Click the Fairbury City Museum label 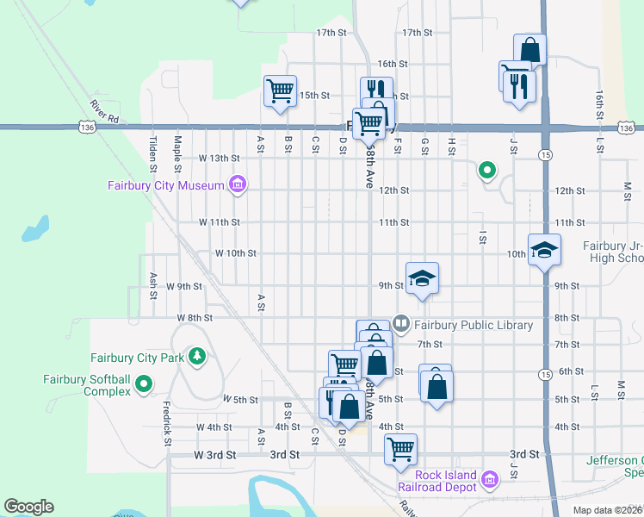[x=165, y=184]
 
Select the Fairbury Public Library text [x=474, y=325]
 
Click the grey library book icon [x=400, y=324]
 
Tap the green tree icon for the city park [x=197, y=356]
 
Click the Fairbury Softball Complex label [x=88, y=385]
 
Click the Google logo [x=28, y=507]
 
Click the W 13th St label [x=219, y=158]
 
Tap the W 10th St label [x=235, y=253]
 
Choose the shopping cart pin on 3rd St [x=401, y=449]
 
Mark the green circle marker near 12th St [x=487, y=171]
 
